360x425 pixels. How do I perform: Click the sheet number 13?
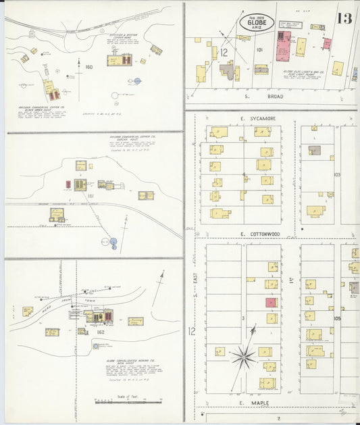(344, 18)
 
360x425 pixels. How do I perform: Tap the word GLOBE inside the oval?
(257, 24)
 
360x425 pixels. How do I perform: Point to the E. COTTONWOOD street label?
(260, 234)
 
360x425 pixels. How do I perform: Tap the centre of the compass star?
(243, 354)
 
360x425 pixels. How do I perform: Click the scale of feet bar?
(119, 403)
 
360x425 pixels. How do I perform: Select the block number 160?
(88, 67)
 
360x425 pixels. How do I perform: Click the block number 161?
(89, 196)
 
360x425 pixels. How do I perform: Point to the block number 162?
(101, 332)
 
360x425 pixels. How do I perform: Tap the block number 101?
(259, 49)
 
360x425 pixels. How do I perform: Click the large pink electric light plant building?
(283, 45)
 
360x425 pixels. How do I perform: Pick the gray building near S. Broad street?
(228, 70)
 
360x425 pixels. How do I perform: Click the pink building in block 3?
(270, 303)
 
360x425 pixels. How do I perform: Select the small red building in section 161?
(68, 184)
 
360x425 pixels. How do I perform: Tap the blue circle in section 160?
(137, 80)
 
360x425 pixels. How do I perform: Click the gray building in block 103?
(315, 150)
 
